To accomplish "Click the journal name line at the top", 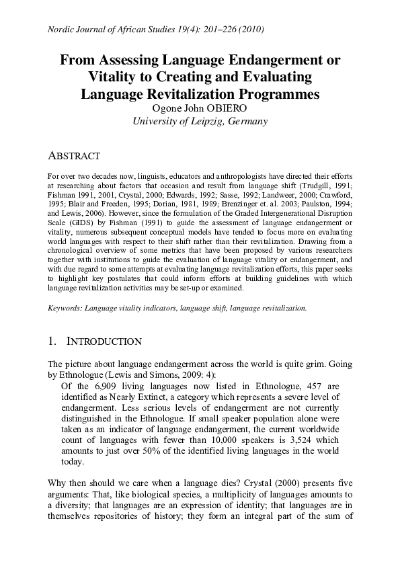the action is [155, 30].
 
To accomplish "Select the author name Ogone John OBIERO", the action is [200, 108].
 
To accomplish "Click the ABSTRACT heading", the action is [74, 156].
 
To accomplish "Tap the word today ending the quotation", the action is [72, 462].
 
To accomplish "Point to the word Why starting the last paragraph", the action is [58, 483].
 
